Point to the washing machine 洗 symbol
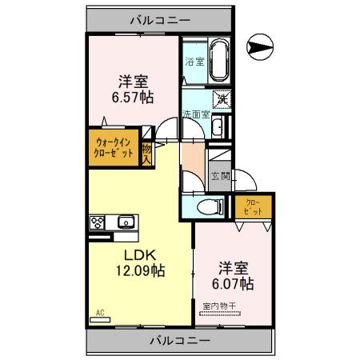(223, 99)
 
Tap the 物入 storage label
(146, 152)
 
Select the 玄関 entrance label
(219, 177)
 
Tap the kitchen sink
(125, 222)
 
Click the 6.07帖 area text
(234, 283)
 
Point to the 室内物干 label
(219, 306)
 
